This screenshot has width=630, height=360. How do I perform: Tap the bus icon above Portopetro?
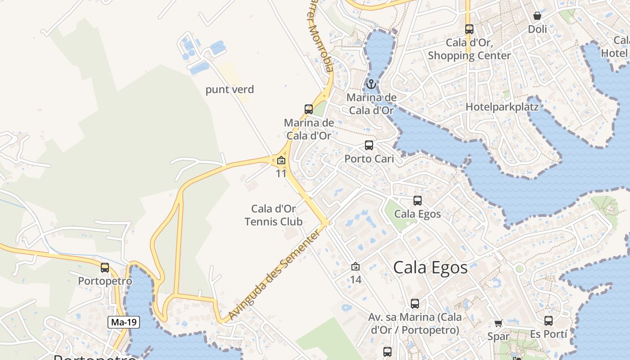(x=105, y=268)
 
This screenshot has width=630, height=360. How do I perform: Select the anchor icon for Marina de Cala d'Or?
(x=371, y=84)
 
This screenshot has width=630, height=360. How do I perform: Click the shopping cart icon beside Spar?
(x=498, y=324)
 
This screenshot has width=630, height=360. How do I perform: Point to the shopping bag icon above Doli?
(x=537, y=16)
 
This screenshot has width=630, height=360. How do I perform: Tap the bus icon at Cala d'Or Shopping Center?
(x=469, y=29)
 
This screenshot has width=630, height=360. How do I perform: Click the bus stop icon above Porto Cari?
(x=369, y=145)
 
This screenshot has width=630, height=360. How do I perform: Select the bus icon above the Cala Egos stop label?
(x=418, y=201)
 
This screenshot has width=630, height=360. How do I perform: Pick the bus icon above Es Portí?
(x=549, y=321)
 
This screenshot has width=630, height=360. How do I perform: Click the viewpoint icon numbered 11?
(x=281, y=160)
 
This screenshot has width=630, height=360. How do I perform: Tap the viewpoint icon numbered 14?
(x=355, y=267)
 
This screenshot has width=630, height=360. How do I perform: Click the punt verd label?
(x=229, y=90)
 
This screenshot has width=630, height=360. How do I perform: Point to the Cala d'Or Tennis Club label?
(x=274, y=215)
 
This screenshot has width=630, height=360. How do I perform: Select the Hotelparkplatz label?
(x=502, y=107)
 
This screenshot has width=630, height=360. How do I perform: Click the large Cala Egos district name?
(x=430, y=268)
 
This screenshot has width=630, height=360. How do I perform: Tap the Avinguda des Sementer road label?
(x=275, y=275)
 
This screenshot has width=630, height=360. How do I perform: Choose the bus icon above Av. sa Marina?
(x=415, y=304)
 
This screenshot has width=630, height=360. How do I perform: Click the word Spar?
(x=499, y=337)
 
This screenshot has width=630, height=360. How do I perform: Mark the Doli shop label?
(x=537, y=29)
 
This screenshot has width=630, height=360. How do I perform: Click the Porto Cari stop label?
(x=369, y=159)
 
